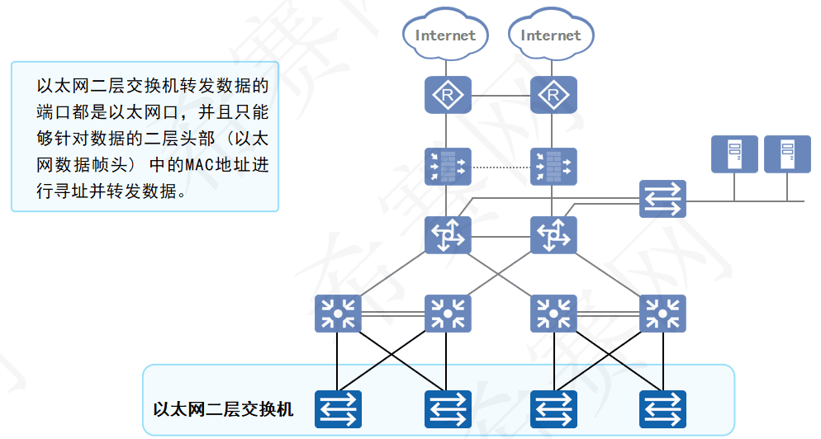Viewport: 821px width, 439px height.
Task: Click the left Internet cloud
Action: [446, 35]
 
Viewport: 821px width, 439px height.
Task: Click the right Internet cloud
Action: [551, 35]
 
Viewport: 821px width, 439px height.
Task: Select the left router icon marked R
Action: [447, 96]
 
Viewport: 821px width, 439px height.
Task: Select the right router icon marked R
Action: [553, 96]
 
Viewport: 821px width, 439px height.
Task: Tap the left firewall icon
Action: [447, 166]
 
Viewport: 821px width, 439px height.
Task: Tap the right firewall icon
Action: [553, 166]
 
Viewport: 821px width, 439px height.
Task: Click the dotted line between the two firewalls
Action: [500, 167]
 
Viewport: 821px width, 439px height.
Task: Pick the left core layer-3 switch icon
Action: [447, 235]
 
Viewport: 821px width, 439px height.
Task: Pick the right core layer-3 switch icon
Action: [553, 235]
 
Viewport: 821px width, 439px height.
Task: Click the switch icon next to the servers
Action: [662, 198]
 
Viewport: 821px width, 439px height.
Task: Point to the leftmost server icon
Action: [734, 154]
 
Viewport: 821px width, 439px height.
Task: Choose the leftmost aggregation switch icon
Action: [338, 314]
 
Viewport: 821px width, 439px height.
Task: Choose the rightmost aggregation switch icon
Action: [662, 314]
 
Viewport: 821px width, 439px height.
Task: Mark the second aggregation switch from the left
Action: [447, 314]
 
